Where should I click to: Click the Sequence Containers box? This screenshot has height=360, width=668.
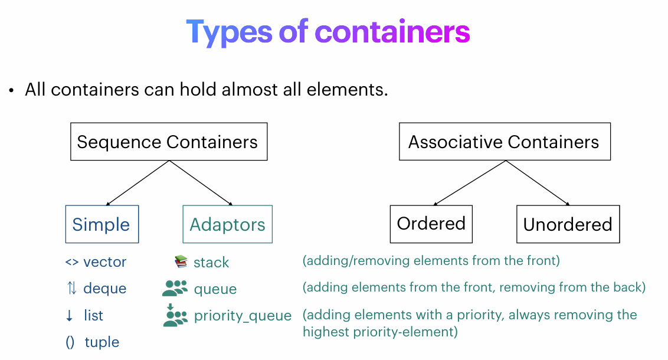[x=169, y=142]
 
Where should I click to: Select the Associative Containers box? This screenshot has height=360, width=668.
[x=505, y=142]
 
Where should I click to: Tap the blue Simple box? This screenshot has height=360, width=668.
[x=101, y=224]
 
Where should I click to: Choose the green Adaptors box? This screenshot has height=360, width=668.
[x=228, y=224]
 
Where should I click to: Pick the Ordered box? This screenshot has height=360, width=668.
[x=431, y=224]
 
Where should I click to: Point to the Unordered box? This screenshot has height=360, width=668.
[x=568, y=224]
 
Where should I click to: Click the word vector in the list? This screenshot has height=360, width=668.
[x=105, y=262]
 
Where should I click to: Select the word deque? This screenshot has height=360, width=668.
[x=105, y=289]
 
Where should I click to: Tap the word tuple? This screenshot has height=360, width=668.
[x=102, y=342]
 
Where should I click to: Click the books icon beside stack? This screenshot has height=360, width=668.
[x=181, y=261]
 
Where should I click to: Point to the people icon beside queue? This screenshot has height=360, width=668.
[x=175, y=289]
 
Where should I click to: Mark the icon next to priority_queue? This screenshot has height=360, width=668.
[x=175, y=315]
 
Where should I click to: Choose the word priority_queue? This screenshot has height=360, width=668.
[x=243, y=316]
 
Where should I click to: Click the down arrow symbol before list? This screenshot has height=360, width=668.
[x=70, y=316]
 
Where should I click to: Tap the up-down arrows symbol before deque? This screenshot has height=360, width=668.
[x=71, y=289]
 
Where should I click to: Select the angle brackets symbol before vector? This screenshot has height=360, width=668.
[x=71, y=262]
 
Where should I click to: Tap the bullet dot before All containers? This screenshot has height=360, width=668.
[x=11, y=91]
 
